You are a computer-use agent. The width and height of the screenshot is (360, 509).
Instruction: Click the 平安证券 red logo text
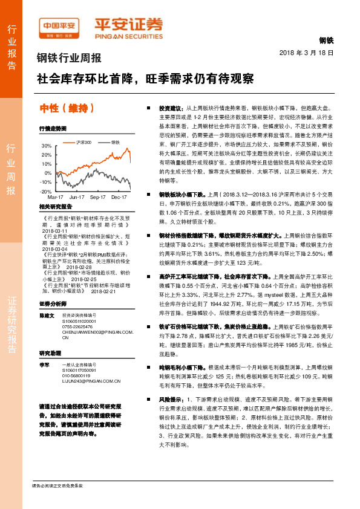(x=128, y=24)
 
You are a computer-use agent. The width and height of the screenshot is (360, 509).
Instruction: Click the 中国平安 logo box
(x=59, y=27)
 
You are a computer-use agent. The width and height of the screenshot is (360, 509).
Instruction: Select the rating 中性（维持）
(x=67, y=109)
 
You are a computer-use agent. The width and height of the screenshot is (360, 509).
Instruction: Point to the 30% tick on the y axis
(x=46, y=146)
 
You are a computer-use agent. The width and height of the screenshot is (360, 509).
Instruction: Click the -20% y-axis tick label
(x=46, y=191)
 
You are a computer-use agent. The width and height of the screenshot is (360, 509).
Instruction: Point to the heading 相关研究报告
(x=55, y=206)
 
